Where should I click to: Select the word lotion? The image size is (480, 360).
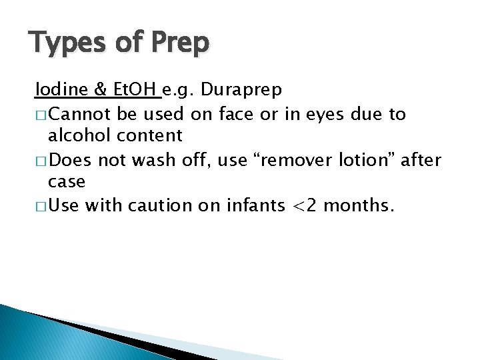[378, 160]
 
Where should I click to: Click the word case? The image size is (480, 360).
[67, 182]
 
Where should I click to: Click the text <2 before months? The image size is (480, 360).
[311, 205]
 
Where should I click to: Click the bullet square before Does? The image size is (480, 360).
[41, 161]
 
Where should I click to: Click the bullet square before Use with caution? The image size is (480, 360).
[41, 206]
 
